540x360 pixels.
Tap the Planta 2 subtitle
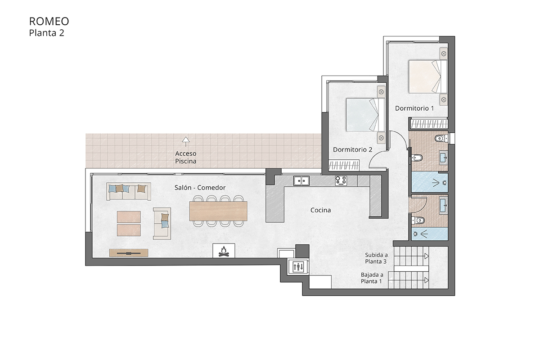click(x=47, y=32)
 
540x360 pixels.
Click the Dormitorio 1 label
click(x=414, y=108)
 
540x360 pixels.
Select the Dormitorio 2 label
click(x=352, y=149)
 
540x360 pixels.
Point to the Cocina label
click(x=321, y=210)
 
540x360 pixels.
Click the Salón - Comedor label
click(x=200, y=188)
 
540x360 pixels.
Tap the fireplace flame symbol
click(x=224, y=251)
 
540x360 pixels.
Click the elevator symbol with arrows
click(x=298, y=266)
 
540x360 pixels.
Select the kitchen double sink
click(x=301, y=181)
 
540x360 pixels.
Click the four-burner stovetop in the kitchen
click(x=341, y=181)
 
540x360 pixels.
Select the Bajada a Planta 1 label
click(x=372, y=278)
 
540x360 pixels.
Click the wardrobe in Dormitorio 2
click(x=344, y=166)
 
